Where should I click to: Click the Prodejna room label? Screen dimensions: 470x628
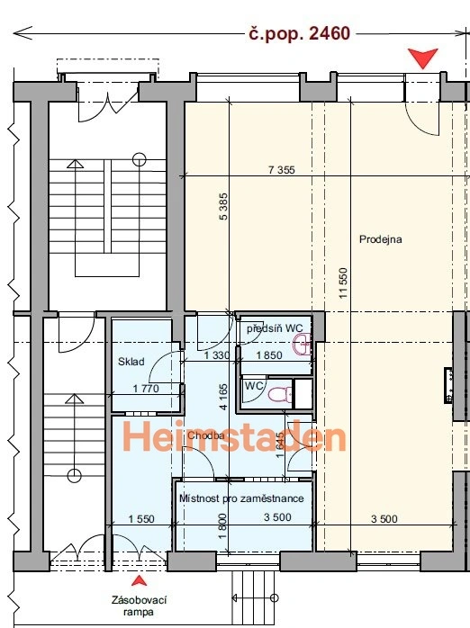pyautogui.click(x=380, y=239)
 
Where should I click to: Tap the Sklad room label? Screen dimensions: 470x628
pyautogui.click(x=131, y=362)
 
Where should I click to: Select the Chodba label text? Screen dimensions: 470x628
pyautogui.click(x=205, y=435)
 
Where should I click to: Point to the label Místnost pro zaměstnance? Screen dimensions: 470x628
pyautogui.click(x=241, y=498)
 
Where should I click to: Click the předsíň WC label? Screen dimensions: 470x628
pyautogui.click(x=275, y=328)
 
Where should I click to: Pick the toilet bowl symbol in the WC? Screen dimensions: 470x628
pyautogui.click(x=280, y=394)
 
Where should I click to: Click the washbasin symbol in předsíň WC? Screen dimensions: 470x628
pyautogui.click(x=303, y=345)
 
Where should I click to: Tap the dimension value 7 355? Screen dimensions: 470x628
pyautogui.click(x=281, y=170)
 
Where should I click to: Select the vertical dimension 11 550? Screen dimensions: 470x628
pyautogui.click(x=343, y=283)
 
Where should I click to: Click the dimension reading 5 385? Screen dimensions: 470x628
pyautogui.click(x=223, y=206)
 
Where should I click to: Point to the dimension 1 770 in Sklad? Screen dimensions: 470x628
pyautogui.click(x=146, y=389)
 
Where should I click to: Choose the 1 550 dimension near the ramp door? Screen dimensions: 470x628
pyautogui.click(x=141, y=519)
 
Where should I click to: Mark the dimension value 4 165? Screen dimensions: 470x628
pyautogui.click(x=223, y=397)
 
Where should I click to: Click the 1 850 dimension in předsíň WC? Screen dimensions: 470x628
pyautogui.click(x=269, y=355)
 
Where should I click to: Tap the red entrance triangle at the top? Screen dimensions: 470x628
pyautogui.click(x=422, y=58)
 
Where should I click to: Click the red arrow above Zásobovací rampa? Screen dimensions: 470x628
pyautogui.click(x=139, y=580)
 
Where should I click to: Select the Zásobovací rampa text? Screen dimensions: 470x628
pyautogui.click(x=139, y=606)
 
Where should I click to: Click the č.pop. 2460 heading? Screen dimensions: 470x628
pyautogui.click(x=299, y=33)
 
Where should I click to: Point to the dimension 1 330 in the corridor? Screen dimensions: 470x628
pyautogui.click(x=217, y=355)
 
